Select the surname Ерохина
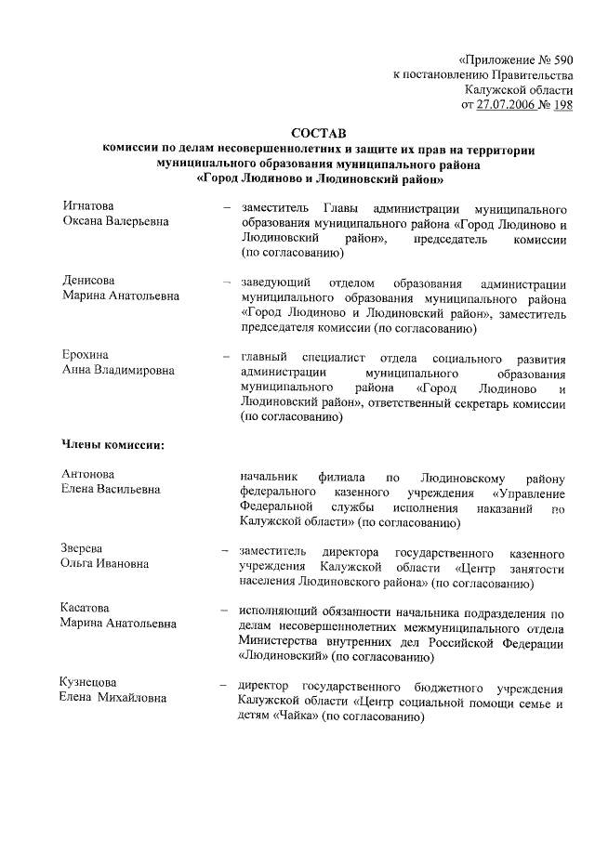tap(86, 356)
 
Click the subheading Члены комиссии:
tap(112, 444)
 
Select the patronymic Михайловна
tap(130, 698)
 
